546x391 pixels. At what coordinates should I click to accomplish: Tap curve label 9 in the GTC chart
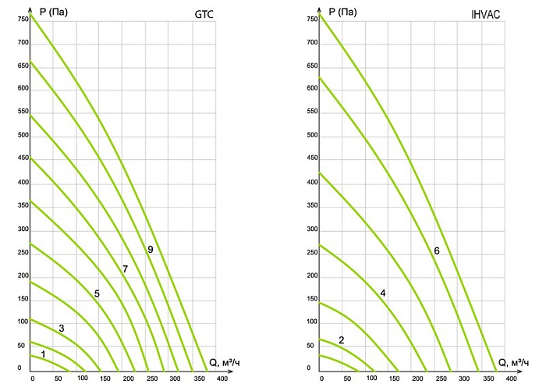(149, 249)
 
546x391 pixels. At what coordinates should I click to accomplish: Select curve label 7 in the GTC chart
(124, 269)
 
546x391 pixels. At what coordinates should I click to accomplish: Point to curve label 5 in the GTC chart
(97, 293)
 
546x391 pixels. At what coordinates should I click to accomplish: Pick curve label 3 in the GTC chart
(62, 328)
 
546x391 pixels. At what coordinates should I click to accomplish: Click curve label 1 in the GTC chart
(43, 354)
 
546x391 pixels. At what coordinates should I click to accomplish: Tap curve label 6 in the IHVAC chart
(437, 251)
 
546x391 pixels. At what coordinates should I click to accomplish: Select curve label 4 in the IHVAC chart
(383, 293)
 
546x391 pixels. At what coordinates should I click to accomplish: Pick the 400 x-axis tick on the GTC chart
(222, 379)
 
